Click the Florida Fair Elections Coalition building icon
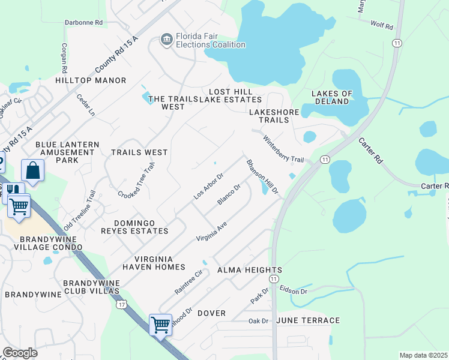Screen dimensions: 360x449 (166, 40)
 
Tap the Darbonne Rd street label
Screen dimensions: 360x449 (84, 22)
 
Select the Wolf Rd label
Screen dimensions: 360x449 (381, 26)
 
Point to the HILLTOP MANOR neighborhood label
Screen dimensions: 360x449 (91, 80)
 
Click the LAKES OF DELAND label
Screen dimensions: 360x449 (331, 97)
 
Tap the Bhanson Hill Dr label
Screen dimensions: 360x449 (262, 176)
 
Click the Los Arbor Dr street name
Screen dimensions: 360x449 (208, 186)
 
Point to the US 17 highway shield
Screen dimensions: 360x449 (121, 304)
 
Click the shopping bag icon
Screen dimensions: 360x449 (32, 170)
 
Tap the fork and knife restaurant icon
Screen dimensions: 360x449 (13, 191)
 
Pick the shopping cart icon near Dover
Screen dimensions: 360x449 (160, 325)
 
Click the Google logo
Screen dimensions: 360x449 (20, 353)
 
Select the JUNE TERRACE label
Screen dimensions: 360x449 (308, 320)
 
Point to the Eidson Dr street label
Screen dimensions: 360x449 (294, 290)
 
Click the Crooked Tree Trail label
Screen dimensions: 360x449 (136, 181)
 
